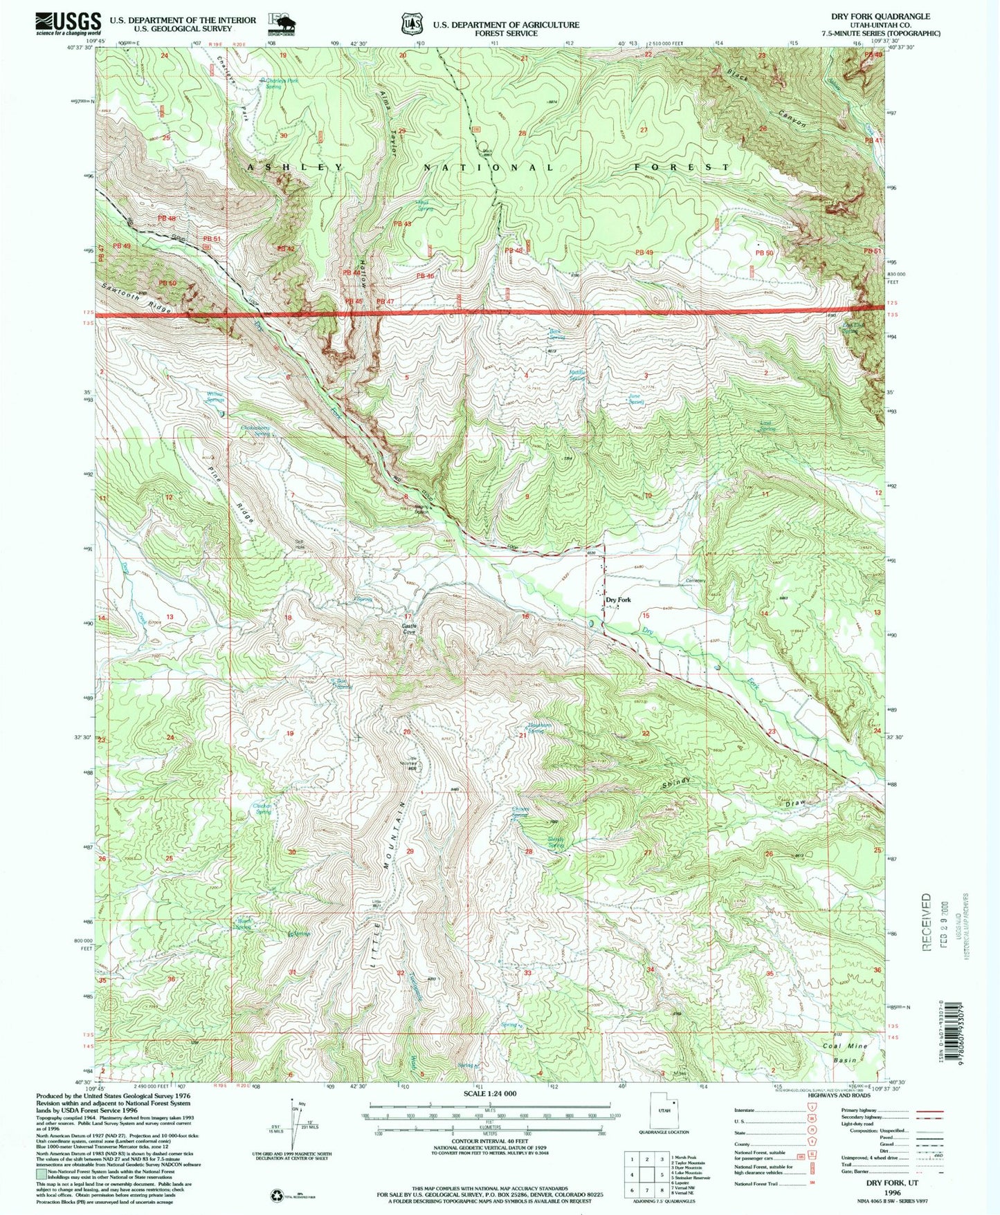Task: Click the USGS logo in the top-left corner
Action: click(x=68, y=24)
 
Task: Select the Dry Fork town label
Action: click(x=619, y=600)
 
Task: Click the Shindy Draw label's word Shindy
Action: click(x=676, y=783)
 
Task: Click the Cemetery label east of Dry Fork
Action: click(x=695, y=581)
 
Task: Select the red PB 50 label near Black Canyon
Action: click(x=763, y=253)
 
